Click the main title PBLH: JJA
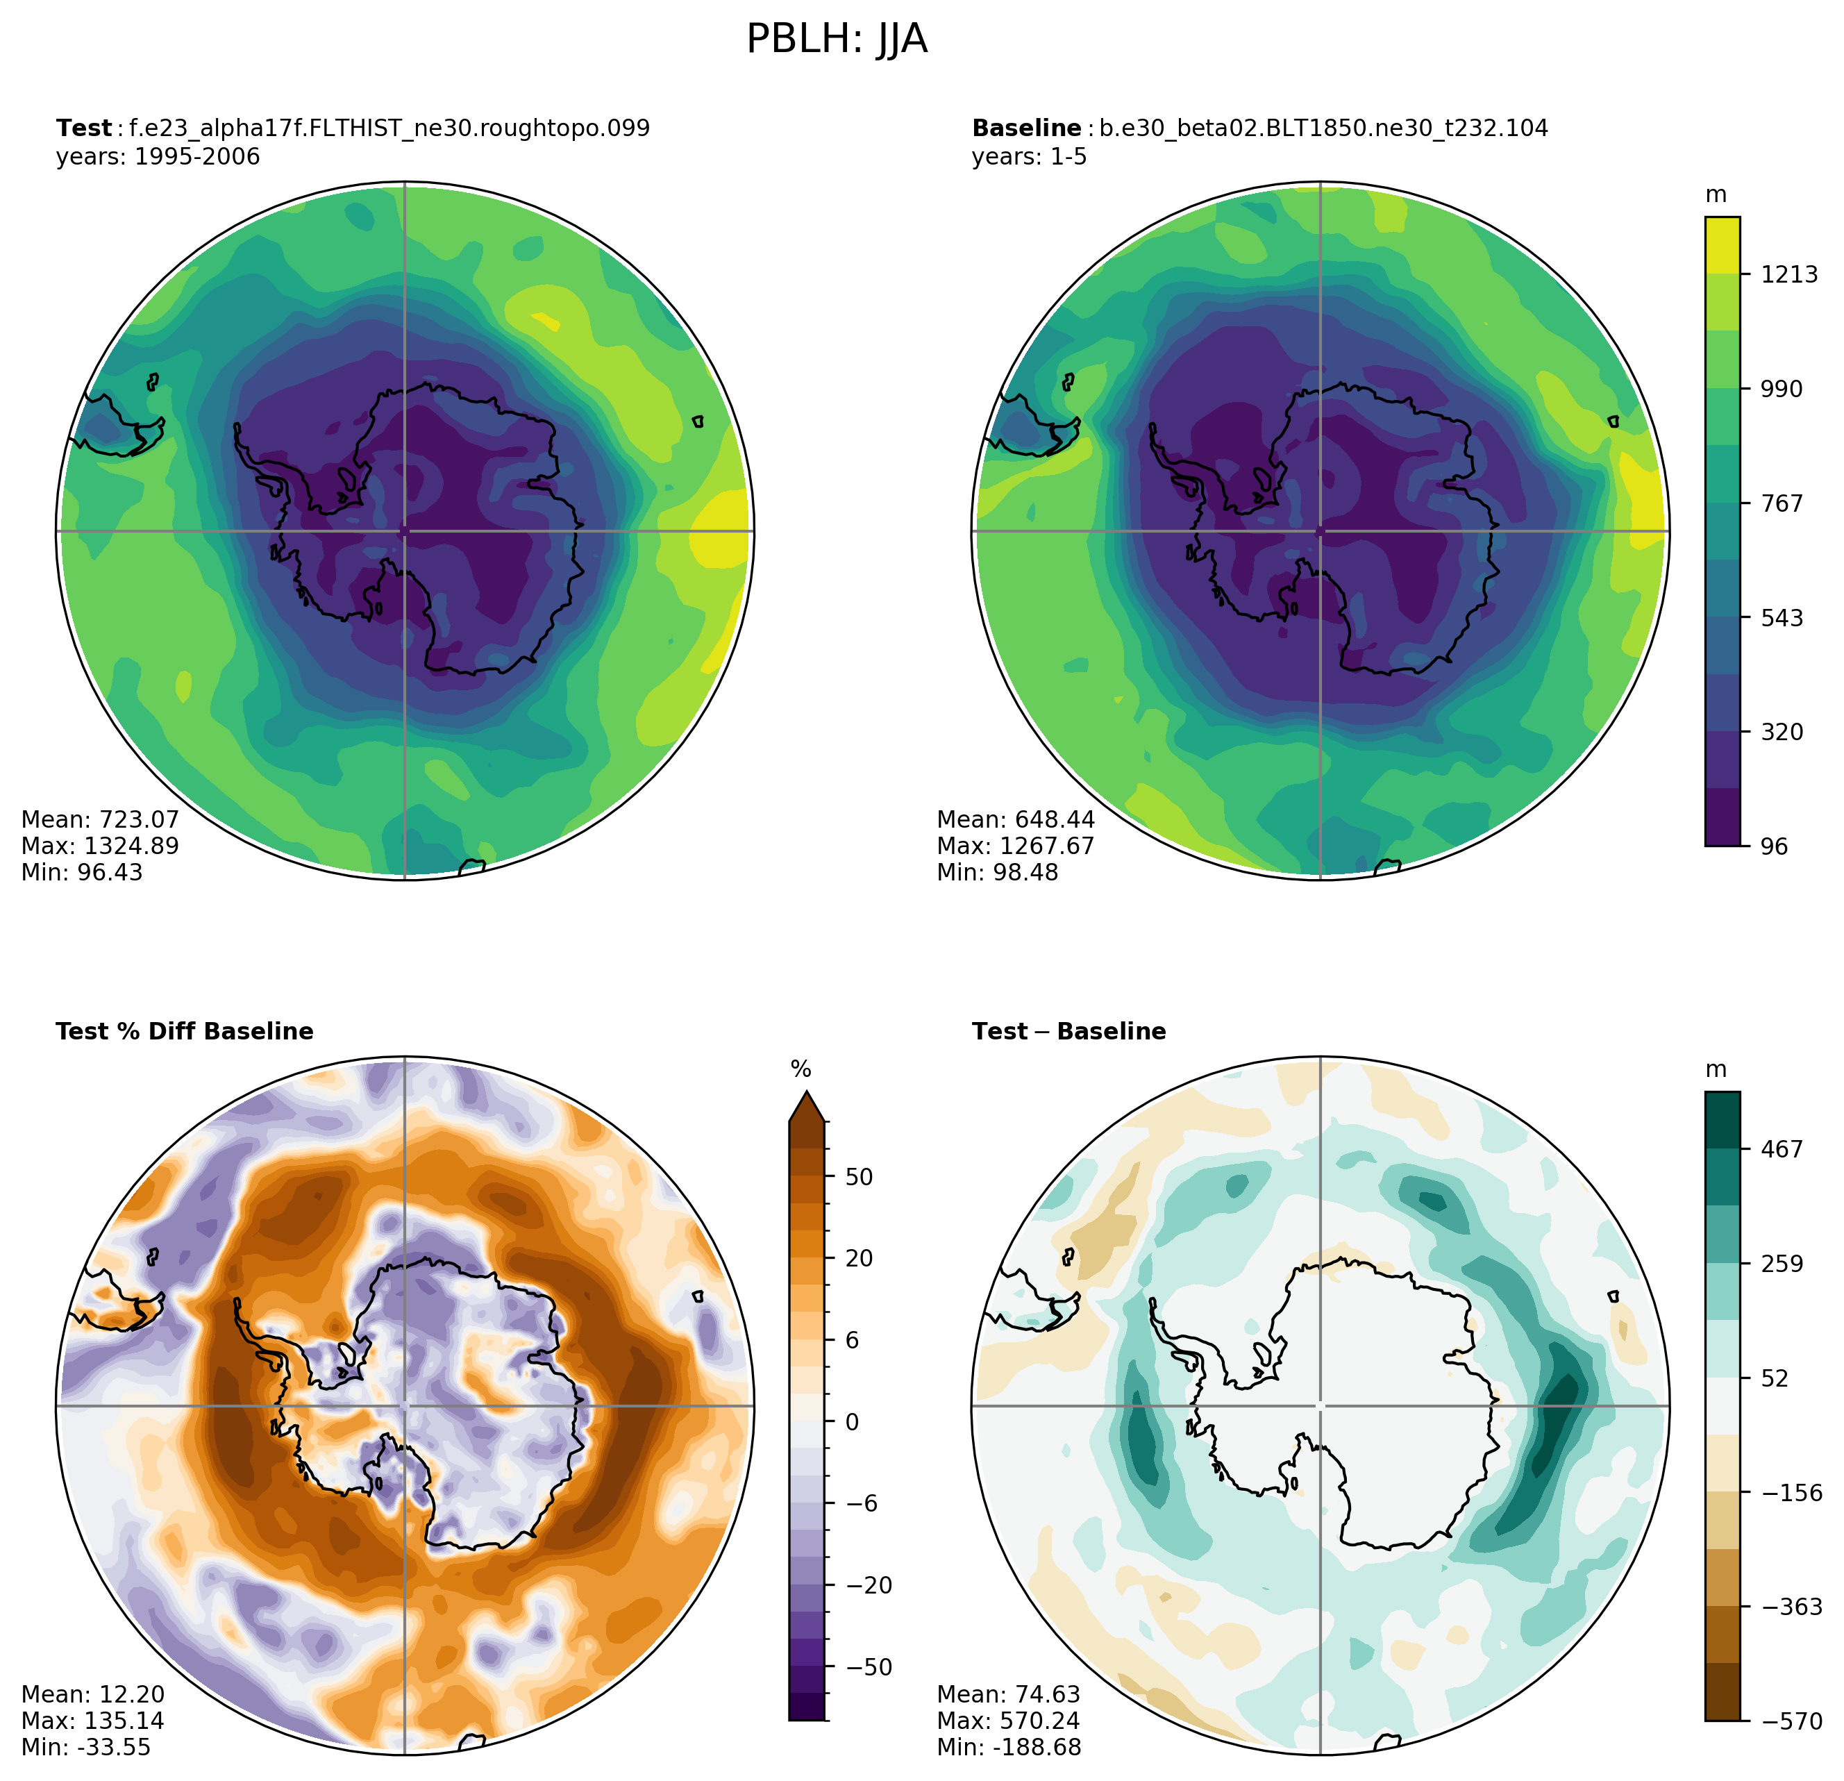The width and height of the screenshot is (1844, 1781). coord(837,40)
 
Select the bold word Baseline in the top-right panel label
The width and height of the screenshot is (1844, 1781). coord(1026,128)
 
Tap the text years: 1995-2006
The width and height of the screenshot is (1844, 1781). coord(158,156)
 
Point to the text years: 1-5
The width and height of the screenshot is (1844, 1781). coord(1029,156)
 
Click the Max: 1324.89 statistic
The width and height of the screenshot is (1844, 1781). coord(100,846)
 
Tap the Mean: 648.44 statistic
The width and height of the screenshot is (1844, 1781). coord(1016,819)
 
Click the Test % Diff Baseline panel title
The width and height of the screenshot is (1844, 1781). coord(185,1032)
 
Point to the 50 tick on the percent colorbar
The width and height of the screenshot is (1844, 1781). coord(859,1177)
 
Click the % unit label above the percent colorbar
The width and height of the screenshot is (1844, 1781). coord(801,1070)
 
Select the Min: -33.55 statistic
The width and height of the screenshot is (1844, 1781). coord(85,1747)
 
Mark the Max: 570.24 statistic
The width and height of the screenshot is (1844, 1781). coord(1009,1721)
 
